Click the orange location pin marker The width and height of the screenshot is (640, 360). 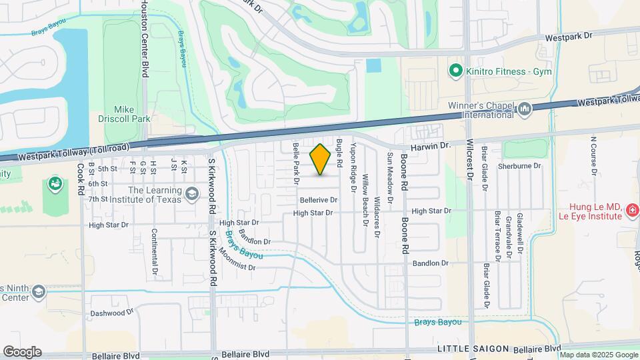(320, 159)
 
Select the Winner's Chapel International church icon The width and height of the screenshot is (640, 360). (524, 108)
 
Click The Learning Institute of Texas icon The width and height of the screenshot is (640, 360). (192, 193)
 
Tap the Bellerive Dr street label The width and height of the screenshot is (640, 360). (319, 199)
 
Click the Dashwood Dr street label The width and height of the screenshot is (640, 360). (108, 313)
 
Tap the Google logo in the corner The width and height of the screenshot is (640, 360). (22, 351)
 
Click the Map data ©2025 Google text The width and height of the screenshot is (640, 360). (600, 355)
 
